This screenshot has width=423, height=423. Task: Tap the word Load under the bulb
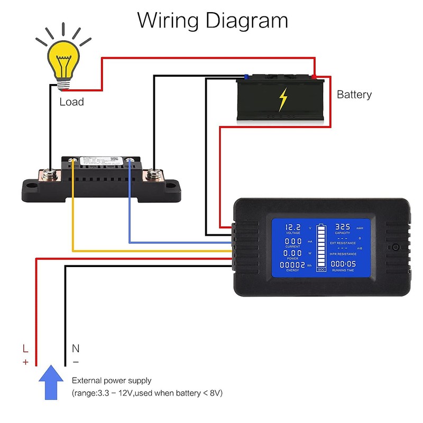tap(71, 102)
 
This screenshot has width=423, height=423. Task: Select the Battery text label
tap(354, 95)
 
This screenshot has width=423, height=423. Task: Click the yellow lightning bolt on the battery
tap(283, 99)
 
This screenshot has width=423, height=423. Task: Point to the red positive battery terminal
tap(315, 77)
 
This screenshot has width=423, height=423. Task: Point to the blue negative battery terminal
tap(246, 77)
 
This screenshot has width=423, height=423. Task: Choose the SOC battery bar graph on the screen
tap(321, 249)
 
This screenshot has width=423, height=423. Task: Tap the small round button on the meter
tap(396, 247)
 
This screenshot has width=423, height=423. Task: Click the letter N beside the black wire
tap(75, 348)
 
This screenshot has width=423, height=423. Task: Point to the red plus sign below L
tap(25, 362)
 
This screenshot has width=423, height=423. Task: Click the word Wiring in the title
tap(168, 21)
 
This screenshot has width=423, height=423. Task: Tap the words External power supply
tap(112, 380)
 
